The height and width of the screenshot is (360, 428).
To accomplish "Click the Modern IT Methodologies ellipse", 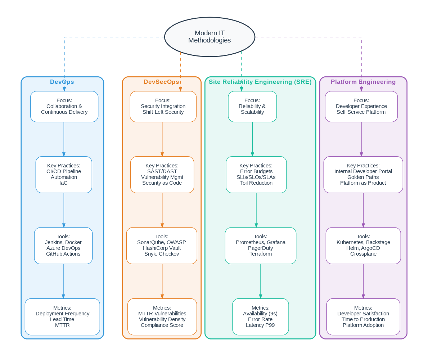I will pos(210,37).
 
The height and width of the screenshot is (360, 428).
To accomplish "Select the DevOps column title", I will pos(62,82).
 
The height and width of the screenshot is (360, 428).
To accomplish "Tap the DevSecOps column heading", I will pos(161,82).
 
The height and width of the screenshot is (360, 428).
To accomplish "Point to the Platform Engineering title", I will pos(363,82).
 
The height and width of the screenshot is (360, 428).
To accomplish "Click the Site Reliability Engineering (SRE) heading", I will pos(260,82).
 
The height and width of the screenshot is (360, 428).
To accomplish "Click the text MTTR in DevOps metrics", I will pos(62,325).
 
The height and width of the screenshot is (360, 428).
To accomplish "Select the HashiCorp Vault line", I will pos(162,248).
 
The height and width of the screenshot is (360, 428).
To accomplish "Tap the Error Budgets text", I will pos(256,171).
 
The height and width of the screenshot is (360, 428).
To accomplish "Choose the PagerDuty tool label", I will pos(260,248).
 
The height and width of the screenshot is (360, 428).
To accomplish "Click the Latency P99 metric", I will pos(260,325).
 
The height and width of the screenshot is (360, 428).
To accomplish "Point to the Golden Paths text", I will pos(363,177).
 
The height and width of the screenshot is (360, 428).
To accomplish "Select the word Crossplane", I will pos(363,254).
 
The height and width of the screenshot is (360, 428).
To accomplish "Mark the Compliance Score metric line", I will pos(162,325).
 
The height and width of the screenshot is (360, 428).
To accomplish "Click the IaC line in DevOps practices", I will pos(63,183).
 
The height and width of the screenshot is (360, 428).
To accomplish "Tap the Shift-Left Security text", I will pos(163,112).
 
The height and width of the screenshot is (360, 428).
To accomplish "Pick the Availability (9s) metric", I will pos(260,314).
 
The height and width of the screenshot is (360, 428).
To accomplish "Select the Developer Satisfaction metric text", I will pos(363,314).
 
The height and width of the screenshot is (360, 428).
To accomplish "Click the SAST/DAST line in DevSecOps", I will pos(162,171).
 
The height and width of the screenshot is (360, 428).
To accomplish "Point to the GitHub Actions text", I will pos(63,254).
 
